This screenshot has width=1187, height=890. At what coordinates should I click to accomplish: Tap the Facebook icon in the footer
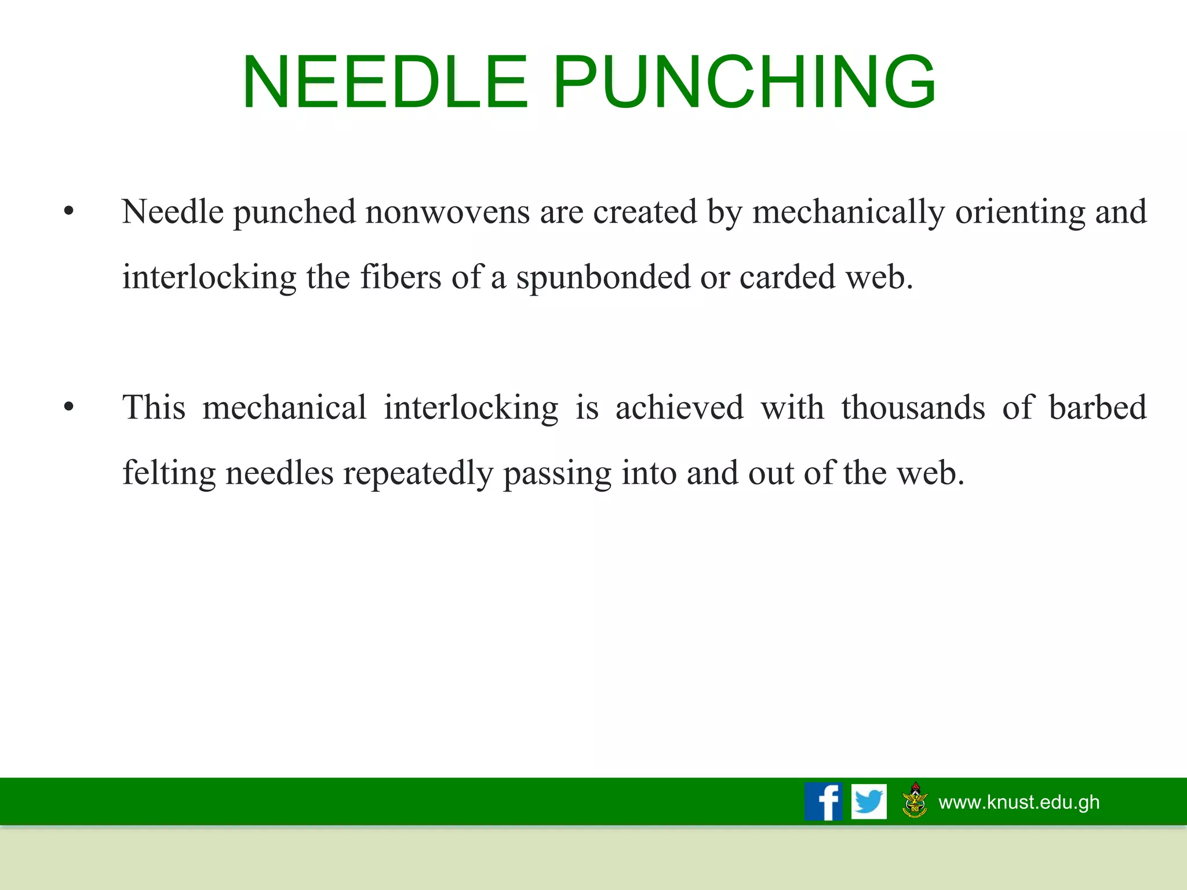823,801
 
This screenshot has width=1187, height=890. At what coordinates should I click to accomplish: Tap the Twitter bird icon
869,801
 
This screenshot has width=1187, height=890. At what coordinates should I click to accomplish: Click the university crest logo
915,800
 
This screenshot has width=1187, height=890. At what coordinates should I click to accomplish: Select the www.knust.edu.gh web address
1019,802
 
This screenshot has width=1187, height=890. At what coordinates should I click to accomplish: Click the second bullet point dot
69,408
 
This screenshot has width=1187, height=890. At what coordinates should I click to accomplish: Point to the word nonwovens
447,211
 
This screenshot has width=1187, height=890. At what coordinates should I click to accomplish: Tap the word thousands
913,407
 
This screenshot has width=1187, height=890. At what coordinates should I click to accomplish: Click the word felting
169,474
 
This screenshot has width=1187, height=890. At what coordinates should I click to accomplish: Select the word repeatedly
418,474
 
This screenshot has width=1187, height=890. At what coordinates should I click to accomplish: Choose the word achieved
679,407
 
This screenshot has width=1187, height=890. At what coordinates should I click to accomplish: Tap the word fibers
400,277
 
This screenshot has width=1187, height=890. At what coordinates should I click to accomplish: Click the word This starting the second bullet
154,407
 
